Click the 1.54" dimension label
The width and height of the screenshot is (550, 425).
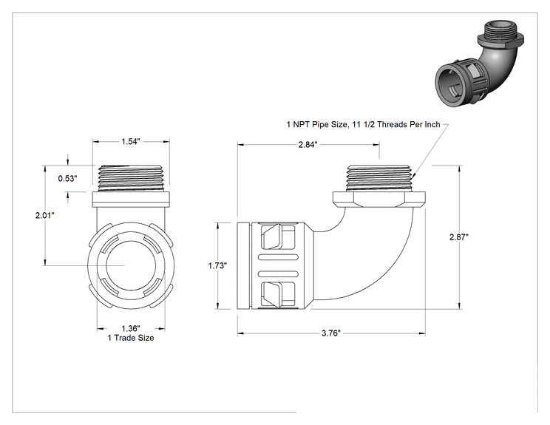pos(131,141)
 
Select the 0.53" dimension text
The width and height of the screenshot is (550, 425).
pos(67,178)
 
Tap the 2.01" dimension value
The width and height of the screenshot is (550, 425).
pos(44,215)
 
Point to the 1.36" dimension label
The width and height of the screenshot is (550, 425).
pos(131,329)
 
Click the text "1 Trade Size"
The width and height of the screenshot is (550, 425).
pos(131,338)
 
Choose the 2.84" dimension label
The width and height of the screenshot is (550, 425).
pos(308,144)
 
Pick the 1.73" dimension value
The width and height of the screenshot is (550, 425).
pos(217,266)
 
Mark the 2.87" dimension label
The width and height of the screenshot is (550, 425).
pos(459,237)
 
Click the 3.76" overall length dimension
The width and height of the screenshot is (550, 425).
pos(331,333)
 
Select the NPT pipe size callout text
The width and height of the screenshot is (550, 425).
pos(364,124)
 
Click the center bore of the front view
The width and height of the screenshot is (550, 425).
pos(131,265)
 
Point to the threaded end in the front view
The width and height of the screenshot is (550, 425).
pos(131,178)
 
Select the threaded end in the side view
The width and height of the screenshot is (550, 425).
pos(378,178)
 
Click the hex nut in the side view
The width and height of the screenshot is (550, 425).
pos(378,199)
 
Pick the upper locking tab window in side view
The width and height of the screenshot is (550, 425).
pos(278,237)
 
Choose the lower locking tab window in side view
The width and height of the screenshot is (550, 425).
pos(278,295)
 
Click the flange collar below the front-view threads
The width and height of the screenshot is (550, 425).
pos(131,199)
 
